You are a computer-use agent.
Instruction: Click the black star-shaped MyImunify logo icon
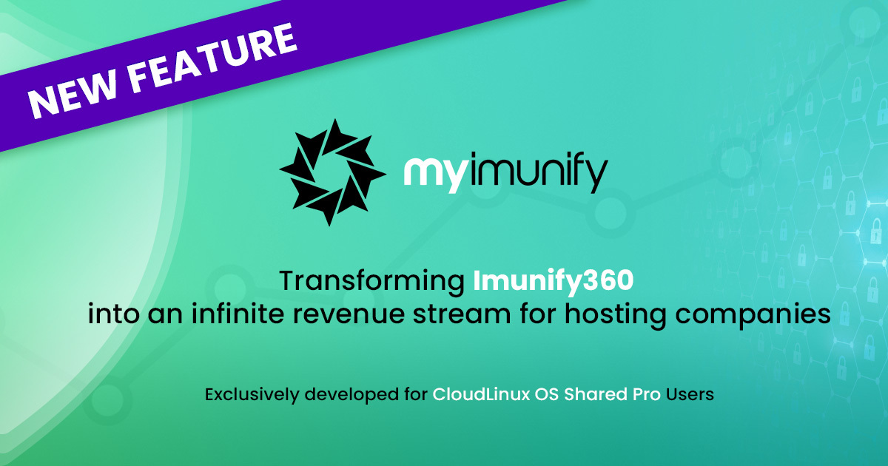pyautogui.click(x=332, y=172)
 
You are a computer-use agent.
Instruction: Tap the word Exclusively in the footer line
pyautogui.click(x=247, y=395)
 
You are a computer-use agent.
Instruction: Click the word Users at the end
pyautogui.click(x=691, y=395)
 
